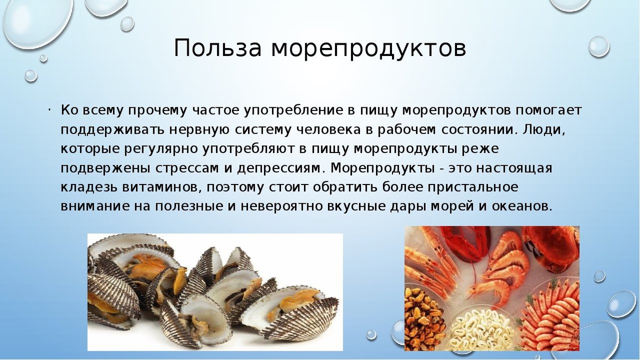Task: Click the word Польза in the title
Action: (x=218, y=49)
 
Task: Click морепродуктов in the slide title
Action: (x=369, y=49)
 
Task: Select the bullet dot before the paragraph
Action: (x=48, y=110)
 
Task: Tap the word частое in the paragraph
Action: (x=215, y=110)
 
